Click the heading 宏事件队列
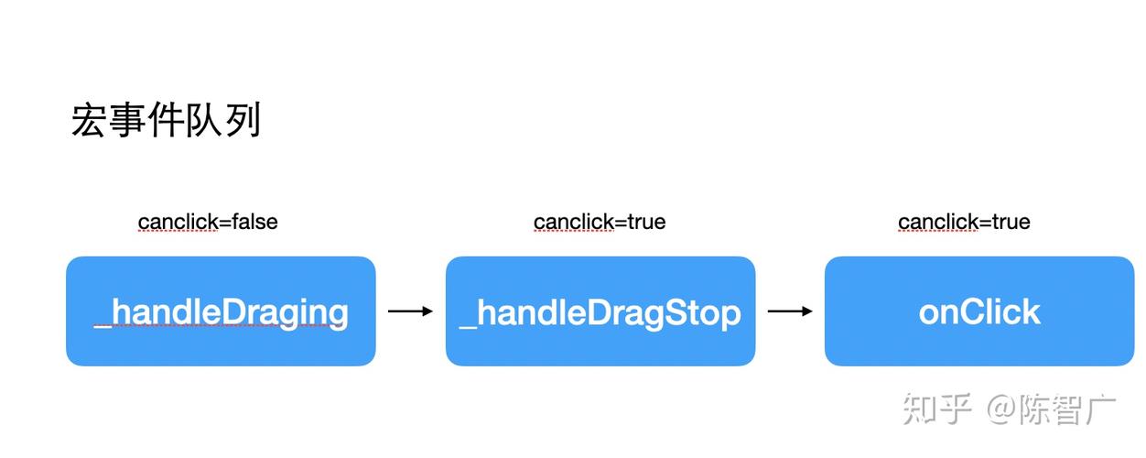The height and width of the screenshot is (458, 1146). pos(166,121)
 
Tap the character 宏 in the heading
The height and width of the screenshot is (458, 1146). pos(89,121)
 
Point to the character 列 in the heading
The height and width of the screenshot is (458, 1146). pos(243,121)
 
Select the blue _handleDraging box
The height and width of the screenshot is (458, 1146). pos(221,311)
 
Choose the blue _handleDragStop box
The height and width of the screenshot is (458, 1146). pos(600,311)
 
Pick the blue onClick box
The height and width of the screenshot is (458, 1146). pos(979,311)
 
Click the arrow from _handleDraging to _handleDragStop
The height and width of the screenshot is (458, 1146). pos(410,311)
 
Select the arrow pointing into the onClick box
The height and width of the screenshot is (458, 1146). pos(790,311)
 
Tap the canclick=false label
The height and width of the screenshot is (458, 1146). pos(208,222)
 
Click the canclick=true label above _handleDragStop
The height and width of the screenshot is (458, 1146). pos(600,222)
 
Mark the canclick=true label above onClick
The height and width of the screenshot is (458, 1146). pos(964,222)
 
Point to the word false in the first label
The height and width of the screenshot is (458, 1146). pos(254,222)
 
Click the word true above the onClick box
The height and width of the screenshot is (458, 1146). pos(1011,222)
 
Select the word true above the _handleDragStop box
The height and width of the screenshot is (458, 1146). pos(645,222)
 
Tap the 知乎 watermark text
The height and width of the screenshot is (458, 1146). pos(935,409)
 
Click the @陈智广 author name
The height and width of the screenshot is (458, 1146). pos(1051,409)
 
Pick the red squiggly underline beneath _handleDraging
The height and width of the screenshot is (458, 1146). pos(221,328)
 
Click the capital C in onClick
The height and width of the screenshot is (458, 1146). pos(971,312)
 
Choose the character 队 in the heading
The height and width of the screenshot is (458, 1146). pos(204,121)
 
